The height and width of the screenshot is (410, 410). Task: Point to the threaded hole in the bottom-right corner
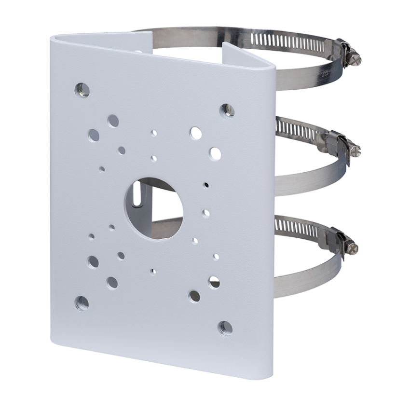point(224,328)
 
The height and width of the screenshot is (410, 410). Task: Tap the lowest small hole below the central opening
point(153,272)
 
